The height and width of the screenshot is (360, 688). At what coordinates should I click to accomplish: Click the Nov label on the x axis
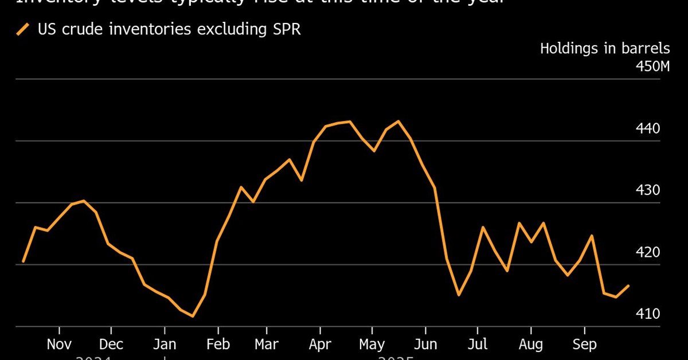[59, 344]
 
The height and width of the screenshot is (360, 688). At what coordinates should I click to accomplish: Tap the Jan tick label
[165, 344]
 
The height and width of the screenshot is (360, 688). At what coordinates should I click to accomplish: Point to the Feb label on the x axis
[218, 344]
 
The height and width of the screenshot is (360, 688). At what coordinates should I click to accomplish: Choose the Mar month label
[266, 344]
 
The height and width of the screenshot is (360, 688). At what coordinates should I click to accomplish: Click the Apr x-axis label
[319, 344]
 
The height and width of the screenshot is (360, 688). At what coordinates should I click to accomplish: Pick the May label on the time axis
[372, 344]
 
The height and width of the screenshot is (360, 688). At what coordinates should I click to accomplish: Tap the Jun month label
[425, 344]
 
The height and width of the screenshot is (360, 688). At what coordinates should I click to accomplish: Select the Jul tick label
[478, 344]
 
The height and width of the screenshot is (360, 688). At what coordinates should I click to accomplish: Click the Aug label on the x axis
[531, 344]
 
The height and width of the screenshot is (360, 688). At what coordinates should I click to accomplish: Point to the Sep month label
[584, 344]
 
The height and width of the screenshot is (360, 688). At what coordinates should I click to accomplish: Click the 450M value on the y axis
[652, 67]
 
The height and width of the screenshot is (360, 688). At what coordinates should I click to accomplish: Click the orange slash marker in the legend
[23, 29]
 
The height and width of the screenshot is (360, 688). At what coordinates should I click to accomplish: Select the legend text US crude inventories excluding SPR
[169, 29]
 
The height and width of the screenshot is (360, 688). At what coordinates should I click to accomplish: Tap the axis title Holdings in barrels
[605, 48]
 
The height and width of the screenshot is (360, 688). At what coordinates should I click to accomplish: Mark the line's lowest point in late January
[193, 316]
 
